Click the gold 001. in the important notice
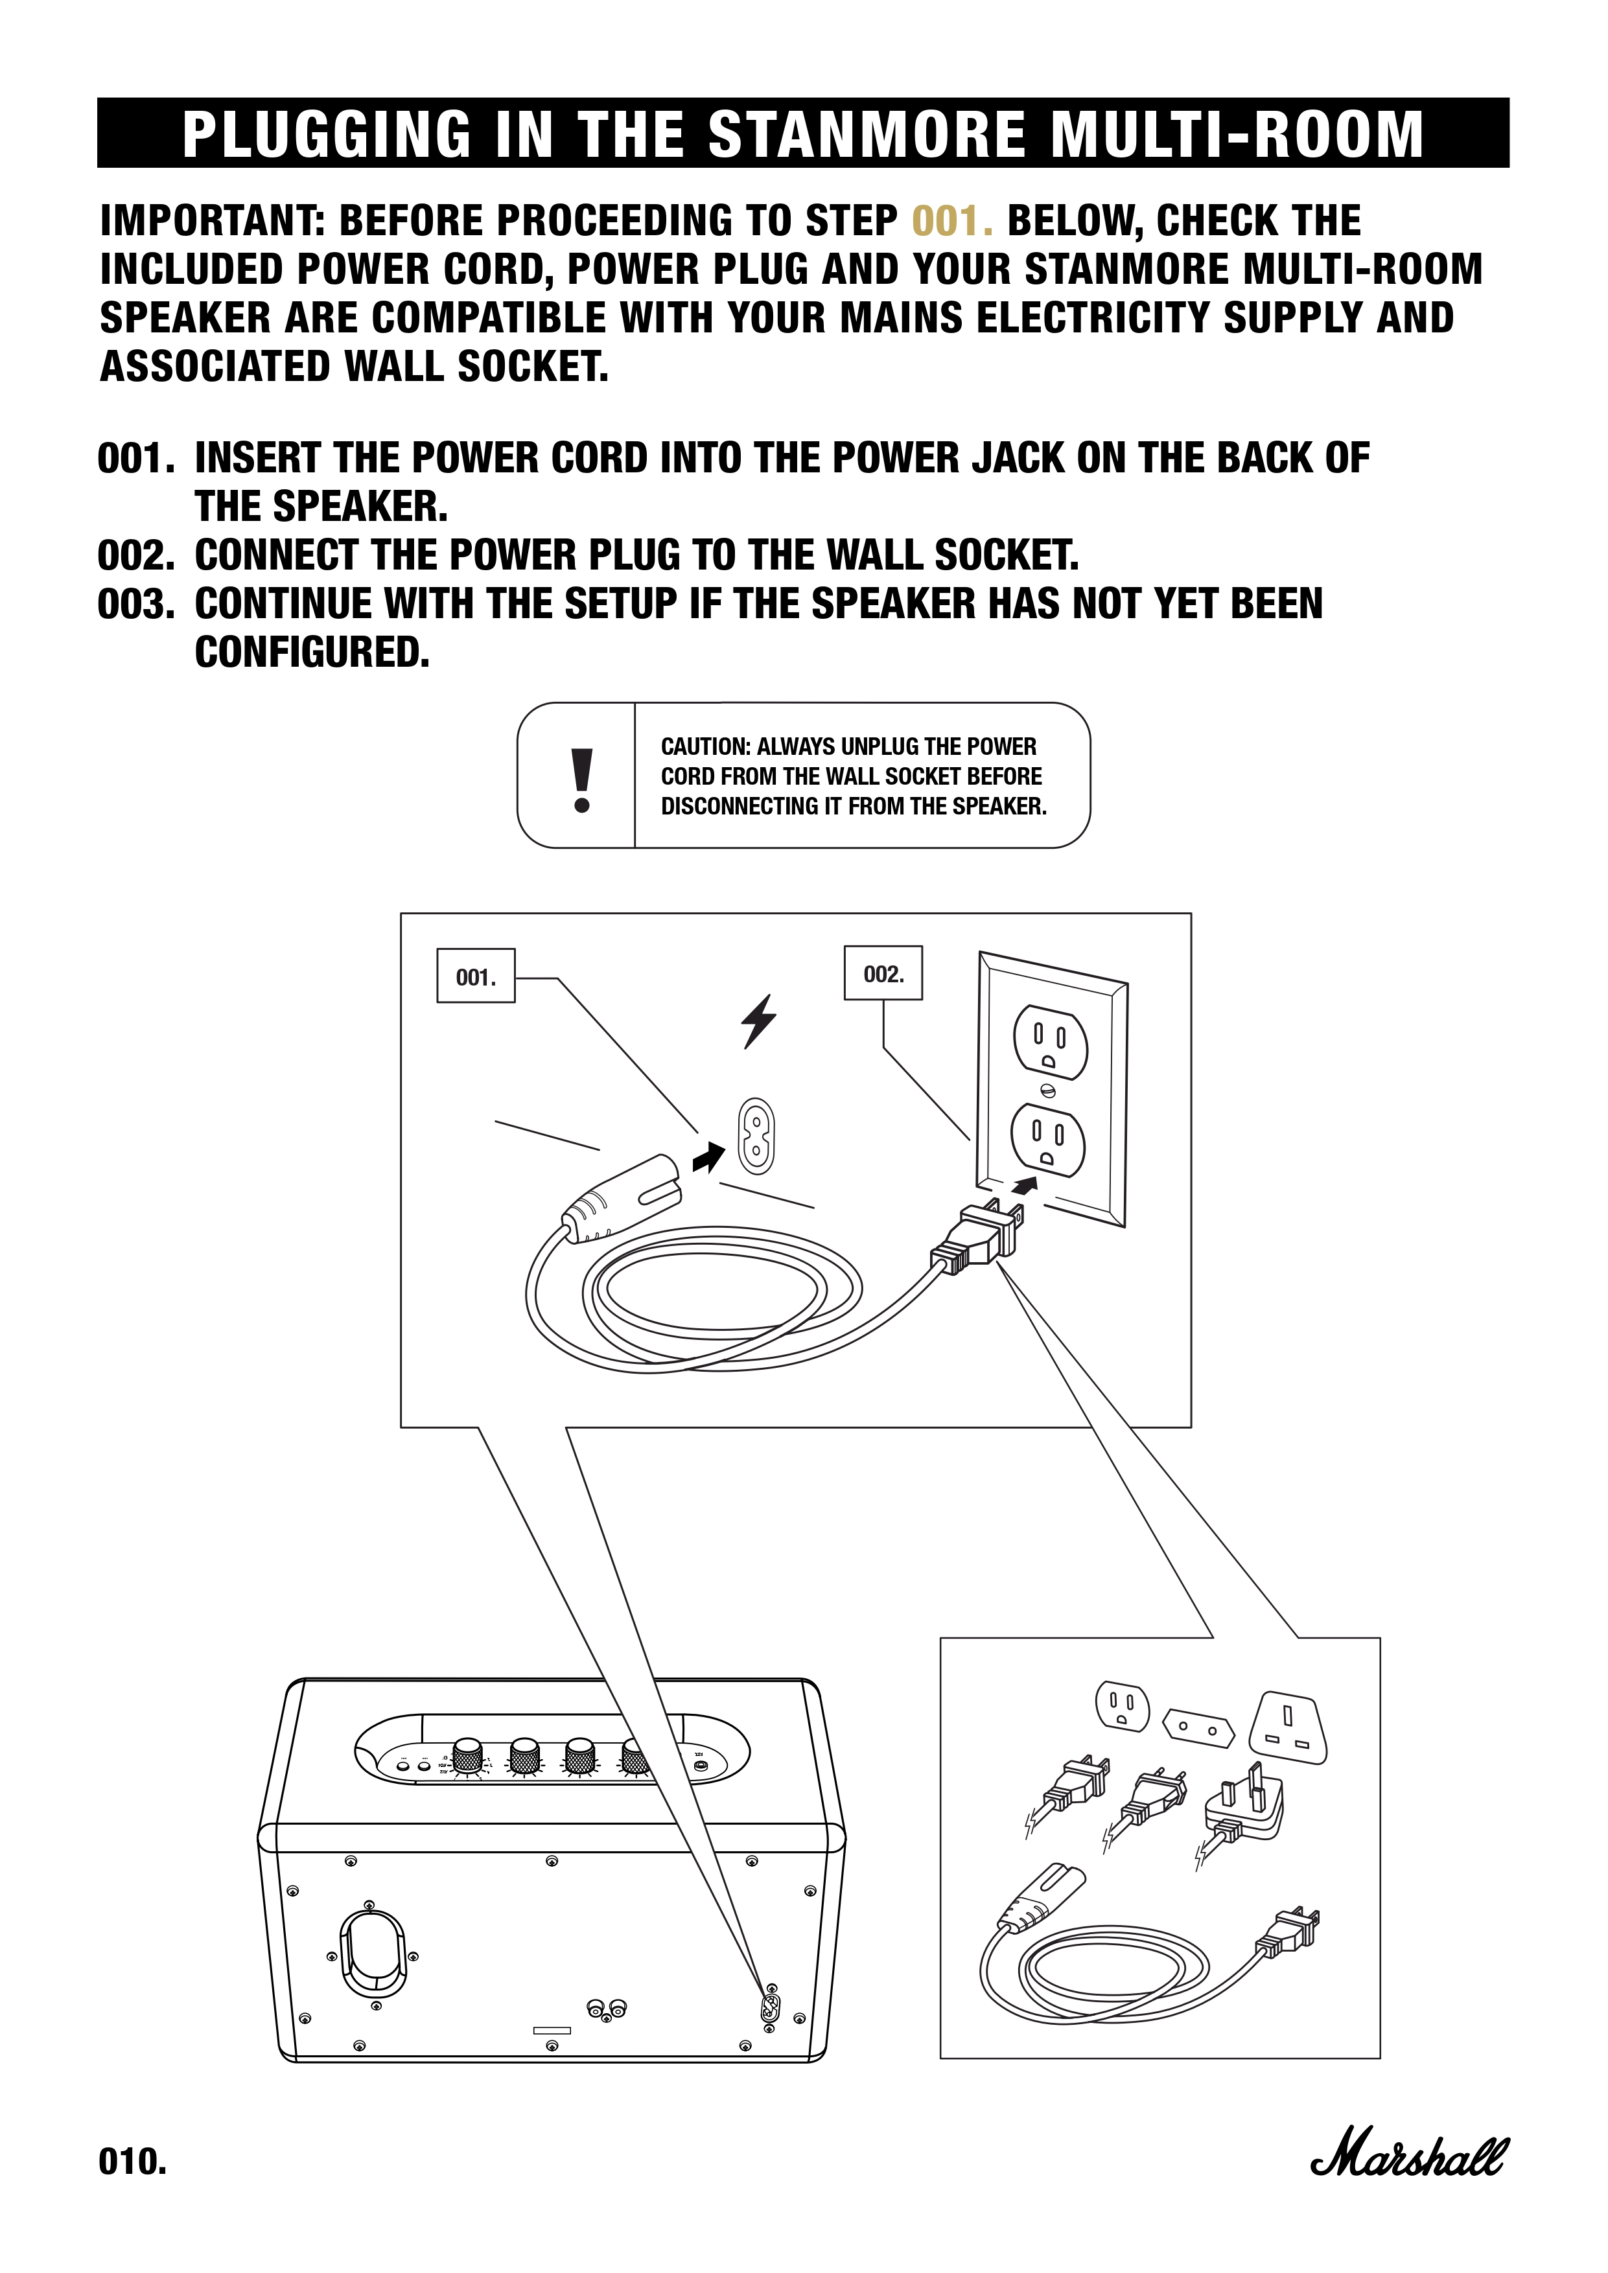(951, 221)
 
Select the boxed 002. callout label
(882, 974)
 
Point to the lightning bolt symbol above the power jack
(758, 1021)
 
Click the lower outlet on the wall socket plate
(1047, 1140)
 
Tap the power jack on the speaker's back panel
(769, 2009)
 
